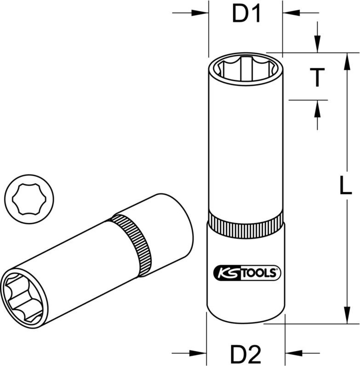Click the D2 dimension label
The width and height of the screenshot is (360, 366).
pos(246,354)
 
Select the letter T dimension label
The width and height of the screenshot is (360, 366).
pos(317,77)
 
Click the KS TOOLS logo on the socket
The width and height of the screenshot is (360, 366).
pos(246,272)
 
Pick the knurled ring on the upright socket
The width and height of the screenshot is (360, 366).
pos(245,224)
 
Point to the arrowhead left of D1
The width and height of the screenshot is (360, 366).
pos(202,13)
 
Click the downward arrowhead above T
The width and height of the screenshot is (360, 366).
pos(317,47)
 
